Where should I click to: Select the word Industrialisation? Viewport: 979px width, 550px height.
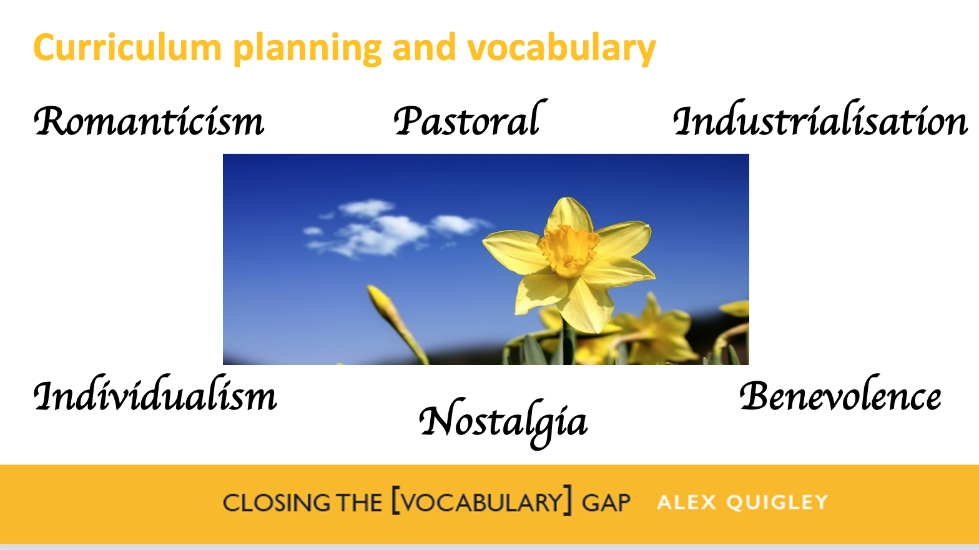coord(820,120)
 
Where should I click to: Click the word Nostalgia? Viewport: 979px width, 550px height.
coord(503,422)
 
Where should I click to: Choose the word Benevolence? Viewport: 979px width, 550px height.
coord(840,396)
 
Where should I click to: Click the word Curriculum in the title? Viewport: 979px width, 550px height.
coord(127,47)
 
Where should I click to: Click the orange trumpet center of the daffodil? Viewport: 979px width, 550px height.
coord(568,249)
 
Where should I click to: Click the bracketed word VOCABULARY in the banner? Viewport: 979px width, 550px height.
coord(481,502)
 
